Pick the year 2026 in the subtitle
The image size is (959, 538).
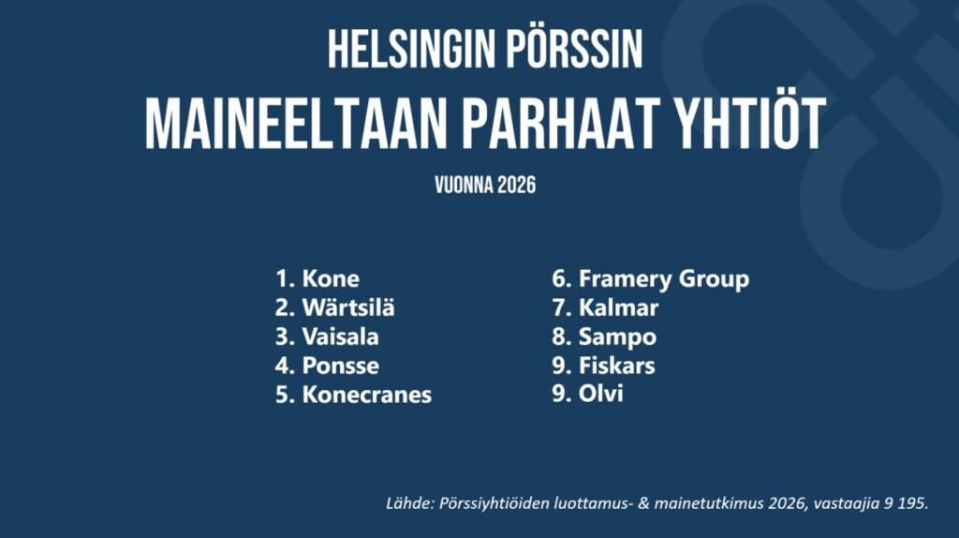516,185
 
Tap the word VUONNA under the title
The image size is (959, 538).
463,185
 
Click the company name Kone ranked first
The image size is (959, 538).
331,278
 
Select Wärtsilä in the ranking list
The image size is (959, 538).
348,306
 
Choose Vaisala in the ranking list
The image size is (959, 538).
340,336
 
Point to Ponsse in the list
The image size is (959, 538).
340,366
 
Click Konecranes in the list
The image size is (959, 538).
366,395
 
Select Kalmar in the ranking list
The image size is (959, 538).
618,307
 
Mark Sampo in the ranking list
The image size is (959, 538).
617,337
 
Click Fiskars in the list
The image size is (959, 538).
616,366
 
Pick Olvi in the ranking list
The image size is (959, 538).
600,394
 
